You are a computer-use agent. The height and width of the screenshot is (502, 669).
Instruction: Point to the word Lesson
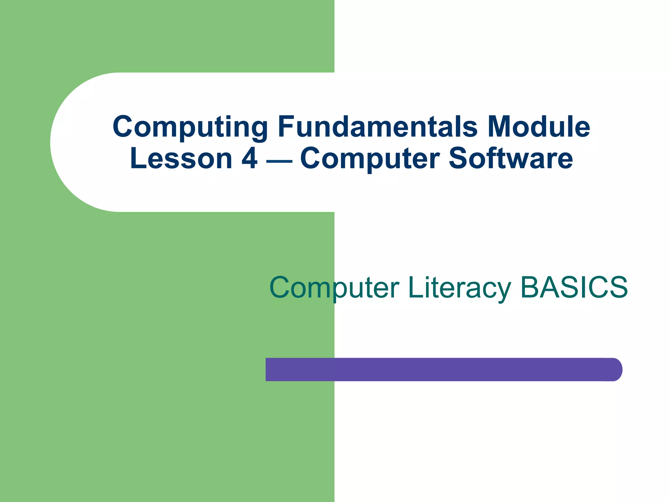pos(181,159)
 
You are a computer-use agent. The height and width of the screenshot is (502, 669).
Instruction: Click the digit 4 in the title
pos(250,159)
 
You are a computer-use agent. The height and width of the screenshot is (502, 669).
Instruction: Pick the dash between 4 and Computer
pos(279,161)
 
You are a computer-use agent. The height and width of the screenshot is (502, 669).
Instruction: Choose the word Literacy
pos(459,288)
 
